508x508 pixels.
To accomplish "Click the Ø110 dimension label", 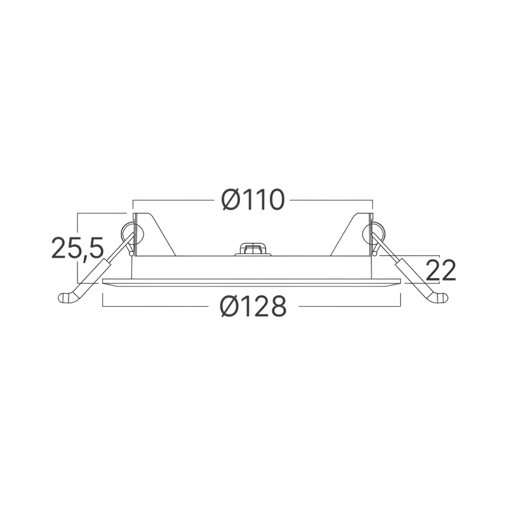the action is (x=253, y=200).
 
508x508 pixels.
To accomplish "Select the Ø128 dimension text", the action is (x=253, y=306).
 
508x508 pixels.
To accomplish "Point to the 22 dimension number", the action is (x=440, y=271).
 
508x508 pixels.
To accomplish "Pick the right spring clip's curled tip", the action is (x=439, y=298).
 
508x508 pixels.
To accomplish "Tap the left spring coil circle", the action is (x=130, y=232).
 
